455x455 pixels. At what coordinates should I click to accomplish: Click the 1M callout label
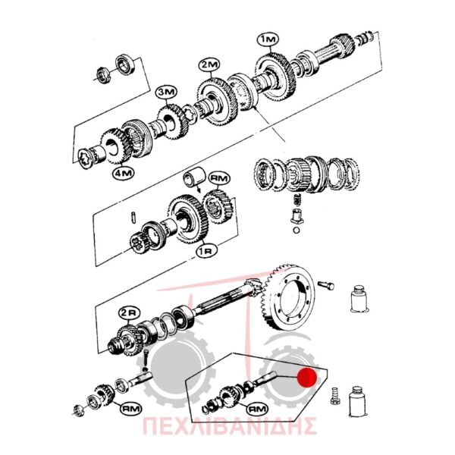pos(268,40)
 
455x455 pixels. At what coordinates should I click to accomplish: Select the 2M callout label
pos(209,65)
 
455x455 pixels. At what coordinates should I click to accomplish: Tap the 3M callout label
pos(167,93)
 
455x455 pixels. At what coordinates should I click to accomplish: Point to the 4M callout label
pos(124,173)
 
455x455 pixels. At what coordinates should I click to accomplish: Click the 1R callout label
pos(206,251)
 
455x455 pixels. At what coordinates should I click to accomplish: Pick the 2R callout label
pos(129,313)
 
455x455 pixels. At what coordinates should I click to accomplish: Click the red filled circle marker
pos(308,378)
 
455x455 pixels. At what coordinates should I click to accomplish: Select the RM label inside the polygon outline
pos(257,409)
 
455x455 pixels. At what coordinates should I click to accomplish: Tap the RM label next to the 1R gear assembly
pos(219,179)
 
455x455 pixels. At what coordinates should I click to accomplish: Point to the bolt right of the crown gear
pos(326,285)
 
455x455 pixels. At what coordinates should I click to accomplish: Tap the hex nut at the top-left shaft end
pos(102,74)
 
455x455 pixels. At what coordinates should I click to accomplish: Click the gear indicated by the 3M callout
pos(173,122)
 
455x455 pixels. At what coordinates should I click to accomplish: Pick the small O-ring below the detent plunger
pos(296,231)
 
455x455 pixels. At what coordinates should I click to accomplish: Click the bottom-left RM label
pos(130,409)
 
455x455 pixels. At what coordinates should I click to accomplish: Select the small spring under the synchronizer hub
pos(297,199)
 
